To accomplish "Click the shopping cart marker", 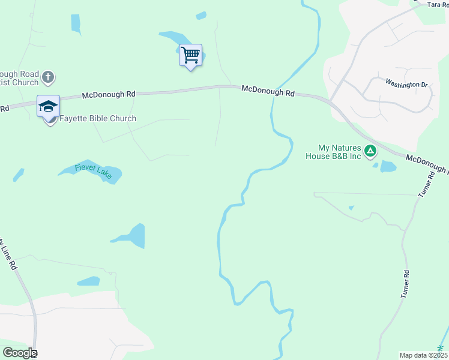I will (x=190, y=55).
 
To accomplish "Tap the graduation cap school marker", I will (x=48, y=107).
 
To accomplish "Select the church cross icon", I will (x=49, y=77).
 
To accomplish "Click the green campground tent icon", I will (x=371, y=149).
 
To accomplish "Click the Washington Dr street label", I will (x=406, y=84).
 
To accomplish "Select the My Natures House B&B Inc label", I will (x=339, y=152).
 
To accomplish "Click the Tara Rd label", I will (x=438, y=4).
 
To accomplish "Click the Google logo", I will (x=20, y=353).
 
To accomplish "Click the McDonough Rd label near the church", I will (x=109, y=94).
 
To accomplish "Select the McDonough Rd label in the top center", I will (x=268, y=92).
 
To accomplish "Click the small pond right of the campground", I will (x=388, y=166).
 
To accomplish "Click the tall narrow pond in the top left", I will (x=76, y=23).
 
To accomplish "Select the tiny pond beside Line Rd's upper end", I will (x=19, y=175).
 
